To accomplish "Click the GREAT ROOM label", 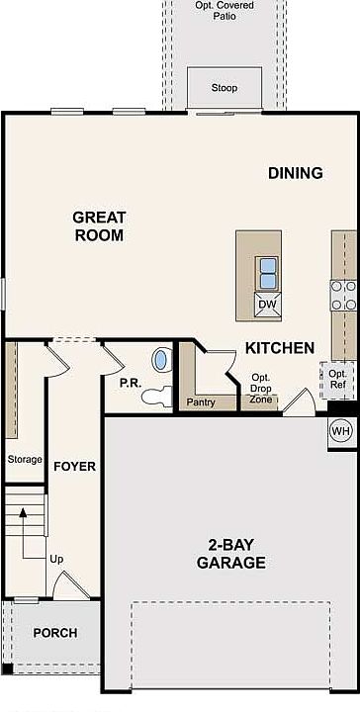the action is coord(99,226).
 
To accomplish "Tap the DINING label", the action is coord(296,173).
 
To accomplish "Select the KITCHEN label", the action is coord(280,348).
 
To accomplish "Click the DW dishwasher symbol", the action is coord(268,305).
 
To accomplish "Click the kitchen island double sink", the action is coord(268,273).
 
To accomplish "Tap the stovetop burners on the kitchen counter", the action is coord(343,295).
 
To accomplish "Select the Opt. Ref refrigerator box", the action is coord(338,380).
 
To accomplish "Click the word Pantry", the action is coord(200,402).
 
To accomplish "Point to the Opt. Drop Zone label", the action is coord(261,389).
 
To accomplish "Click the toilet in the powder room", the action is coord(156,396).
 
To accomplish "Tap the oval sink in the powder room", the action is coord(160,360).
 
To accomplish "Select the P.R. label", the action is coord(131,383).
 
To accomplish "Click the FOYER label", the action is coord(75,467).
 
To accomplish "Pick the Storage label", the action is coord(25,460).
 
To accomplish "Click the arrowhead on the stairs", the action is coord(23,512).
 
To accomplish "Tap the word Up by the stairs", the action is coord(56,560).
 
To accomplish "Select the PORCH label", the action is coord(55,633).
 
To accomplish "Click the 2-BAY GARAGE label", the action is coord(231,554).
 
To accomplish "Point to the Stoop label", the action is coord(225,88).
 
